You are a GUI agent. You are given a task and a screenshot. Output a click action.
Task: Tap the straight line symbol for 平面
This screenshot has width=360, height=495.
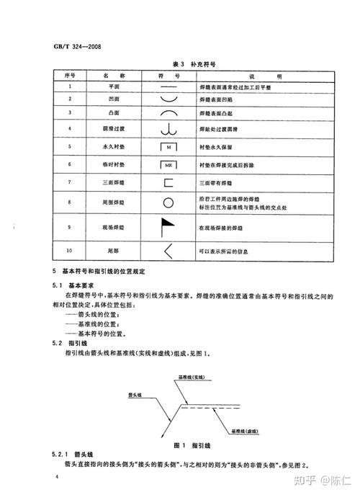pos(168,87)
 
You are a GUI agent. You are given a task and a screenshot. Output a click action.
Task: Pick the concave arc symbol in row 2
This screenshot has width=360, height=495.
pos(168,100)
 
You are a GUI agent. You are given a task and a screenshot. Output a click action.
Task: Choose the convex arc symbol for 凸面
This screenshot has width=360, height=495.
pos(168,113)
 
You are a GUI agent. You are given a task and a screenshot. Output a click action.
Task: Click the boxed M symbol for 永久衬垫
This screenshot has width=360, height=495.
pos(168,146)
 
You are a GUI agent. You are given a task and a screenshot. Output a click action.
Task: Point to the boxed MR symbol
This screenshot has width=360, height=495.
pos(168,164)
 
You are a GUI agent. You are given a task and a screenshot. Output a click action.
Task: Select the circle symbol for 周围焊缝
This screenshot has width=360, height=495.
pos(168,204)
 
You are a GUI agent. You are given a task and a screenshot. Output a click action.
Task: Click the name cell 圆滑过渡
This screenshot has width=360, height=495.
pos(107,129)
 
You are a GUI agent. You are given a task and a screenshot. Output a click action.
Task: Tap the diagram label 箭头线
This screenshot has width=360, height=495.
pos(135,394)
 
